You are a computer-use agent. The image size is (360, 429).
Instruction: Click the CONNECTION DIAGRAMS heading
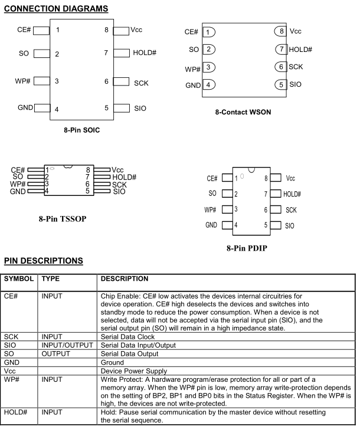pos(56,8)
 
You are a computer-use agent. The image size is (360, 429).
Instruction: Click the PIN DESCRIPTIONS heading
pos(44,261)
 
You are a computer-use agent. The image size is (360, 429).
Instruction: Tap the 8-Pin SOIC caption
pos(81,129)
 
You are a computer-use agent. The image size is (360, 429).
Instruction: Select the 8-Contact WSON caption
pos(244,112)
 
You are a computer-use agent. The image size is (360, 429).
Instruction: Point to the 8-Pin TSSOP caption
pos(63,218)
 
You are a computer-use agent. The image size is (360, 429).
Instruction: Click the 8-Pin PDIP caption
pos(247,248)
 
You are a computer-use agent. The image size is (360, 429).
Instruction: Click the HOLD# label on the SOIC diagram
pos(145,53)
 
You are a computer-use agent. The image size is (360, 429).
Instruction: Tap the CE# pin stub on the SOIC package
pos(41,30)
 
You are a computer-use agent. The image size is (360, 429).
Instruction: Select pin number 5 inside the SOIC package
pos(106,108)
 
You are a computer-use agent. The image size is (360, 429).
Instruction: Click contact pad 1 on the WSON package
pos(208,32)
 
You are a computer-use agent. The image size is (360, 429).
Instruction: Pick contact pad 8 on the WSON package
pos(281,31)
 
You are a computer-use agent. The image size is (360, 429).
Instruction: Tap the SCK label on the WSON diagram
pos(296,67)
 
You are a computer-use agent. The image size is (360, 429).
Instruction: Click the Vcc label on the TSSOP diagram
pos(117,170)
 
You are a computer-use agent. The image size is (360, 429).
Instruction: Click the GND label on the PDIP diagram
pos(211,225)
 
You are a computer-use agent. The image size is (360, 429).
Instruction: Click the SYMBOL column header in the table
pos(19,279)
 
